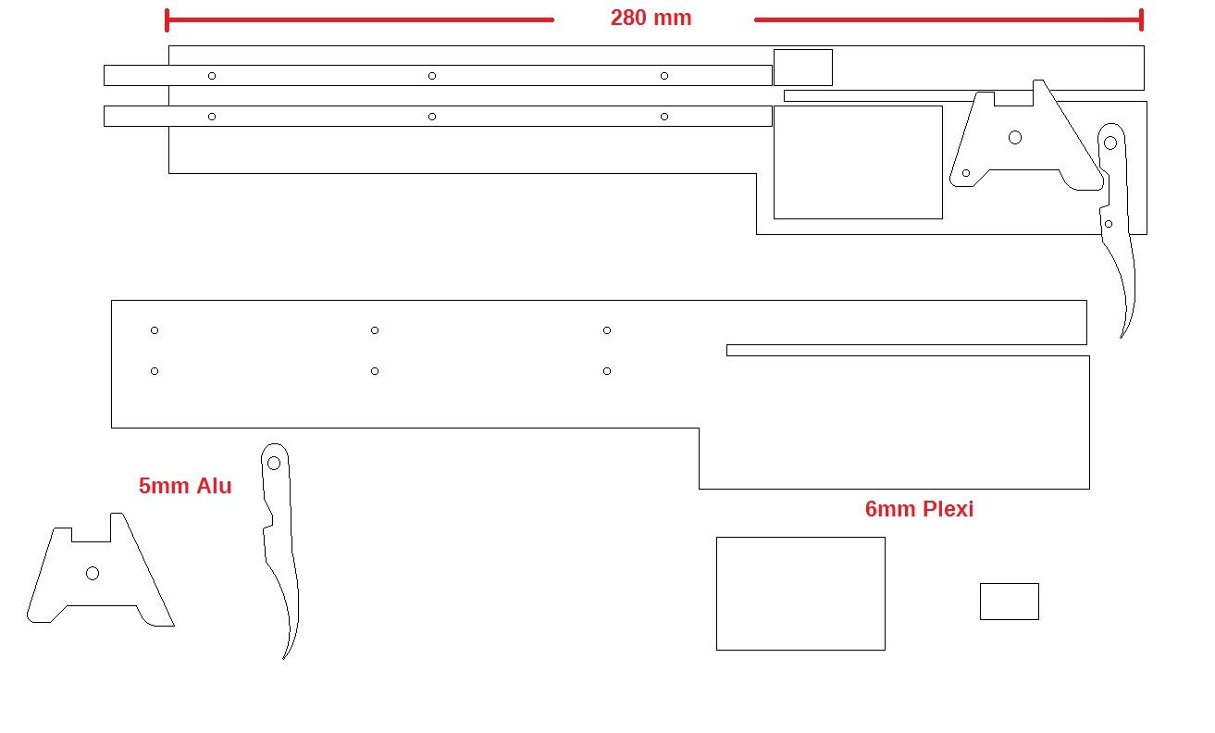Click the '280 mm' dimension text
(651, 18)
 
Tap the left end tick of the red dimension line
(167, 20)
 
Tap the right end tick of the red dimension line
(1142, 20)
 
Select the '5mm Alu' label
(185, 486)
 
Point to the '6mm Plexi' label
(920, 509)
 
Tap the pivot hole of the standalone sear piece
(93, 574)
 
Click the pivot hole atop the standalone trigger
(274, 464)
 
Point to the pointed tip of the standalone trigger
(284, 658)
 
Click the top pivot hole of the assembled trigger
(1110, 143)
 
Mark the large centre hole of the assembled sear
(1015, 138)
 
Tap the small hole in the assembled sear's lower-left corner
(966, 174)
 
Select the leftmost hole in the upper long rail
(212, 76)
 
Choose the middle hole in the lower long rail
(432, 117)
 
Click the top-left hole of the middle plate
(155, 330)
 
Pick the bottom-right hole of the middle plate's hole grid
(607, 371)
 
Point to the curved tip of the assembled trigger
(1122, 337)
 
